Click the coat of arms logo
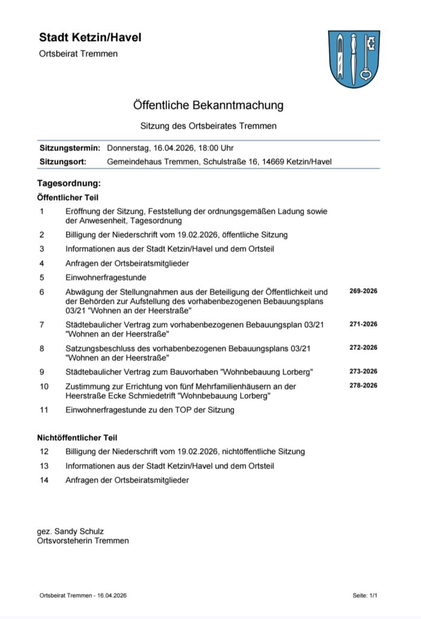tap(354, 59)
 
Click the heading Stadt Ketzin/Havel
tap(90, 37)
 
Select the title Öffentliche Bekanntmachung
tap(209, 105)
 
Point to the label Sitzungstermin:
tap(70, 147)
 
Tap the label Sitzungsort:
tap(63, 161)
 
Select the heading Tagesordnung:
tap(69, 183)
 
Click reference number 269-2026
tap(363, 291)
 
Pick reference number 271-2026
tap(363, 324)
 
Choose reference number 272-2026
tap(363, 348)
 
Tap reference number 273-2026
tap(363, 371)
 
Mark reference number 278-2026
tap(363, 385)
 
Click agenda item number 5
tap(42, 277)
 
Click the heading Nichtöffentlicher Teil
tap(77, 437)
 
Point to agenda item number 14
tap(44, 480)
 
